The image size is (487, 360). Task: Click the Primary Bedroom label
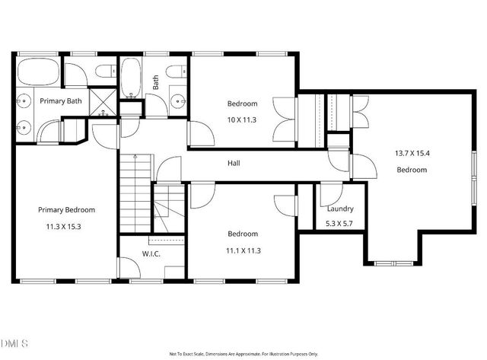click(x=66, y=209)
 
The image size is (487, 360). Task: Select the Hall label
click(x=234, y=164)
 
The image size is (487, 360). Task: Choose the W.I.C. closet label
click(x=151, y=254)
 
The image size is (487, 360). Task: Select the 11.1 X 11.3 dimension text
click(x=242, y=249)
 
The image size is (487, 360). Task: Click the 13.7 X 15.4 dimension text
click(x=411, y=153)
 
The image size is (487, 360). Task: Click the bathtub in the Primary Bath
click(x=37, y=73)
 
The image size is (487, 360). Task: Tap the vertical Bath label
click(x=155, y=82)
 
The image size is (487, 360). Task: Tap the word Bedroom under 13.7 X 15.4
click(x=411, y=170)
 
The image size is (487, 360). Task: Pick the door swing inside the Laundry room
click(x=329, y=195)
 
